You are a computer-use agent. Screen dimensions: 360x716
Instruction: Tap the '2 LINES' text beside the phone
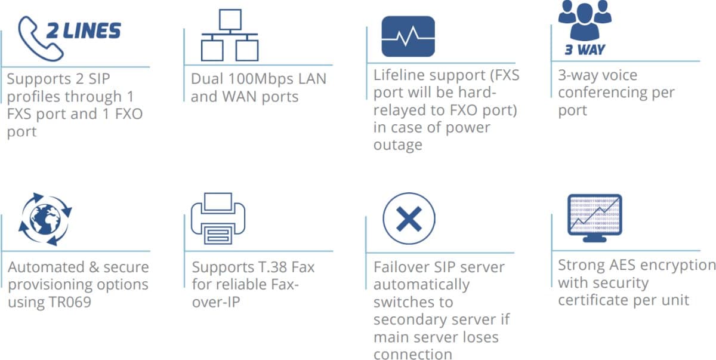84,31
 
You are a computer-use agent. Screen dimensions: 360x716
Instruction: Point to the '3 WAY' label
585,50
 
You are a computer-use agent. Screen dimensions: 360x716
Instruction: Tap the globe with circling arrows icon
45,219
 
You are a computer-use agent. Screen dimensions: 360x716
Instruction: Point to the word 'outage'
397,145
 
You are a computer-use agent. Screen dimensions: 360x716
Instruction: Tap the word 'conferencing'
616,93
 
